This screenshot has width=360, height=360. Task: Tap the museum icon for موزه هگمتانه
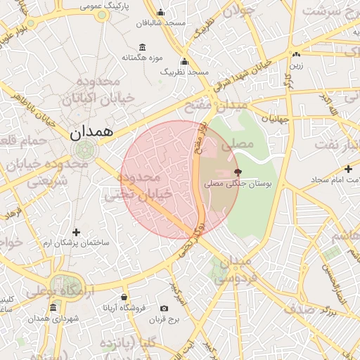click(143, 47)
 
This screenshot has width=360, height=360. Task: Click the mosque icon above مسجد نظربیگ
click(184, 62)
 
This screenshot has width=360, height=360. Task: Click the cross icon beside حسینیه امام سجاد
click(349, 169)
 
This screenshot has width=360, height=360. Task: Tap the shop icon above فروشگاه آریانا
click(124, 297)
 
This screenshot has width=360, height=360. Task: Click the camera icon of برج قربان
click(164, 308)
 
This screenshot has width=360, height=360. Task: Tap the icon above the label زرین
click(296, 55)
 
